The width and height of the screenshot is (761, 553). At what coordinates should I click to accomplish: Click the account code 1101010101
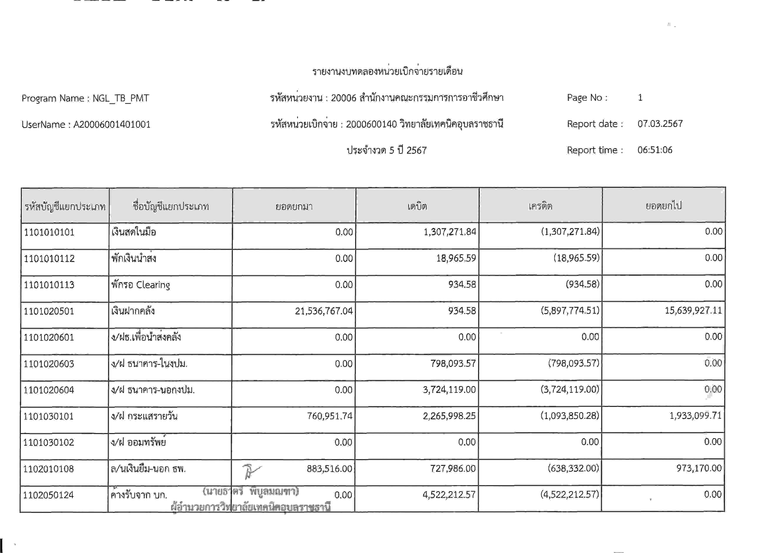pyautogui.click(x=49, y=232)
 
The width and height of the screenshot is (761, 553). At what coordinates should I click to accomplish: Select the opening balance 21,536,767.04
pyautogui.click(x=324, y=311)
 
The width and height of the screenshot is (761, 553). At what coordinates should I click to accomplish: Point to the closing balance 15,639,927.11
pyautogui.click(x=693, y=310)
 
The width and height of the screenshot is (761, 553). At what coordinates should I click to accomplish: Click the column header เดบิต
pyautogui.click(x=417, y=206)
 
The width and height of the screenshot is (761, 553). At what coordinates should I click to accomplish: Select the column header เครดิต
pyautogui.click(x=540, y=206)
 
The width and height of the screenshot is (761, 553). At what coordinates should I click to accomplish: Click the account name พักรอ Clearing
pyautogui.click(x=141, y=285)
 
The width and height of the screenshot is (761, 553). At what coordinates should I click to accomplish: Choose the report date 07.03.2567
pyautogui.click(x=660, y=124)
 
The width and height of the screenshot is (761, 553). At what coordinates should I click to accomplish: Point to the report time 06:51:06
pyautogui.click(x=655, y=150)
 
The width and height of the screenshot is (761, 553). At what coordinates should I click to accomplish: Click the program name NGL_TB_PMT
pyautogui.click(x=121, y=98)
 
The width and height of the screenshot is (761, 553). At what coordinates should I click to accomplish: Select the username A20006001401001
pyautogui.click(x=112, y=125)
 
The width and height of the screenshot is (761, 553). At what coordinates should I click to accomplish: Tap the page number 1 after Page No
pyautogui.click(x=640, y=98)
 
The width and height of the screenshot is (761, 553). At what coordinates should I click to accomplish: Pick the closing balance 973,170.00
pyautogui.click(x=699, y=468)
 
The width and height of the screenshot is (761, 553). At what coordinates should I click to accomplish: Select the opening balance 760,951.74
pyautogui.click(x=329, y=416)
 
